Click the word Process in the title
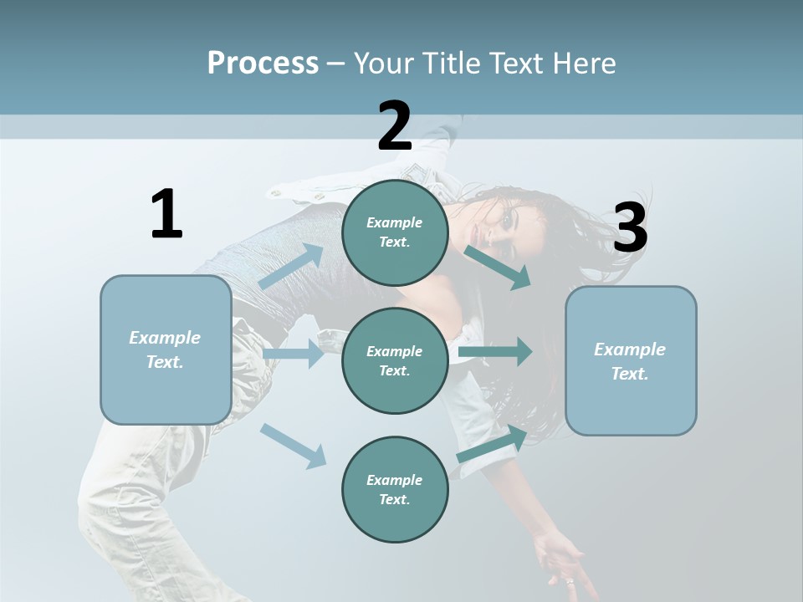pyautogui.click(x=263, y=64)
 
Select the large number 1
pyautogui.click(x=166, y=215)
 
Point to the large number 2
pyautogui.click(x=395, y=126)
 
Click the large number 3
pyautogui.click(x=630, y=228)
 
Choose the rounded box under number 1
pyautogui.click(x=166, y=349)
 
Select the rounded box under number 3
pyautogui.click(x=631, y=360)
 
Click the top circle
pyautogui.click(x=395, y=232)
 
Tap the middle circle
pyautogui.click(x=395, y=360)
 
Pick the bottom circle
pyautogui.click(x=395, y=489)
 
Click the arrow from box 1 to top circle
pyautogui.click(x=291, y=265)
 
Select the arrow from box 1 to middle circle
pyautogui.click(x=293, y=355)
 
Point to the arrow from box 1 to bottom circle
pyautogui.click(x=293, y=446)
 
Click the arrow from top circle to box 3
pyautogui.click(x=497, y=267)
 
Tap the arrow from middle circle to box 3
pyautogui.click(x=495, y=351)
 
